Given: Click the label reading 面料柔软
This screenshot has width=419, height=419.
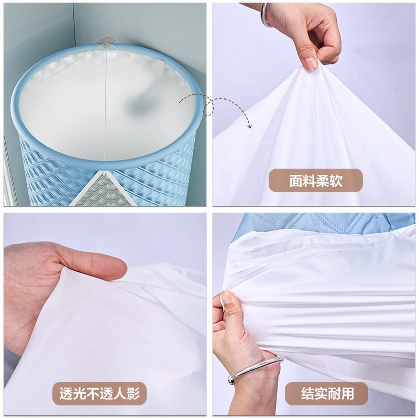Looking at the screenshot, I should click(315, 180).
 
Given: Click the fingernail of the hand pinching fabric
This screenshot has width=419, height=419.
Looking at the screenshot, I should click(311, 64).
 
